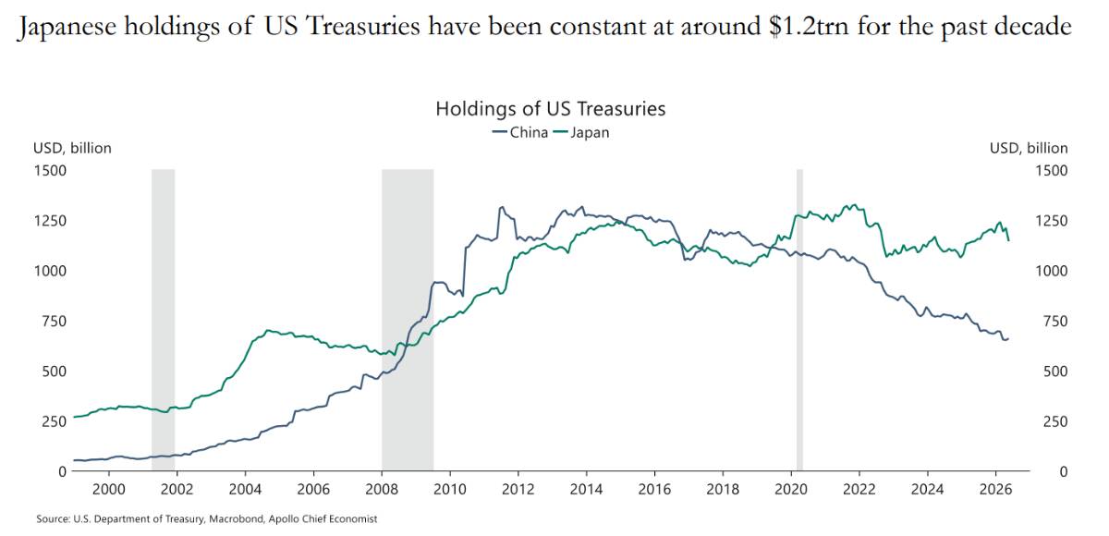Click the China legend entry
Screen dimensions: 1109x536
[519, 133]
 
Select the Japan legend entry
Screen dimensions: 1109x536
[581, 133]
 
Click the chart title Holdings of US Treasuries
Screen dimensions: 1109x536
[551, 108]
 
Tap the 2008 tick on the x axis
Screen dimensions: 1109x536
[382, 490]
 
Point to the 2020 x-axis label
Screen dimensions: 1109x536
[791, 490]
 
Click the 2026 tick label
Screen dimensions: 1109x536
[995, 490]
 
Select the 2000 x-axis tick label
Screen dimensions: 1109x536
[109, 490]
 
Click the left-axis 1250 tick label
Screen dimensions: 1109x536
[50, 221]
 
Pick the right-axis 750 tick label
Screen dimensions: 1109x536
[1055, 322]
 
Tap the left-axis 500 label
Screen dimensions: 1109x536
[55, 372]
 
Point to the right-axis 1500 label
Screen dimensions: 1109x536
[1052, 171]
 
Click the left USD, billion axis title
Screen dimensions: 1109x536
[72, 149]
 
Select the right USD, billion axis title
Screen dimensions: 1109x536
[1029, 149]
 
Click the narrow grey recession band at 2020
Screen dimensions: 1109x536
[799, 320]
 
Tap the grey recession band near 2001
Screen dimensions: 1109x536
[163, 320]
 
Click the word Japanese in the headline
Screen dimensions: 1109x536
[67, 27]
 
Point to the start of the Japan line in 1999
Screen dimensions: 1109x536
[74, 417]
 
